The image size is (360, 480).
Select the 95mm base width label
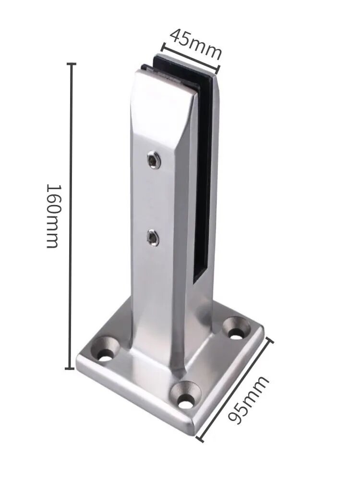click(249, 400)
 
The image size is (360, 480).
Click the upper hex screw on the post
click(154, 160)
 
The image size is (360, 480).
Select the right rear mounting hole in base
click(237, 329)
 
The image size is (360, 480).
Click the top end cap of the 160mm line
click(72, 64)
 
